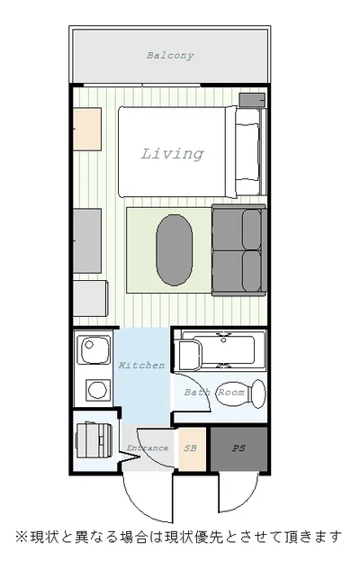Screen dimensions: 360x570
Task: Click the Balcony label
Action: pyautogui.click(x=170, y=56)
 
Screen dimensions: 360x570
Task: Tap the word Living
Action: pyautogui.click(x=172, y=154)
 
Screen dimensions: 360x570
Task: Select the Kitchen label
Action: pyautogui.click(x=141, y=366)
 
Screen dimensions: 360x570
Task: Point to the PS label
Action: pyautogui.click(x=238, y=448)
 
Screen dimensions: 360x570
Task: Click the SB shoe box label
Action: pyautogui.click(x=191, y=448)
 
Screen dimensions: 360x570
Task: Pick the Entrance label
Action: pyautogui.click(x=148, y=448)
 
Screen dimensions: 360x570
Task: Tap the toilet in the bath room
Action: pyautogui.click(x=241, y=394)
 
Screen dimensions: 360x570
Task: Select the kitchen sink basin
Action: pyautogui.click(x=94, y=349)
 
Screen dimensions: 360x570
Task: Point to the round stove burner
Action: pyautogui.click(x=98, y=390)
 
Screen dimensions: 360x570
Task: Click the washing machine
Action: pyautogui.click(x=94, y=440)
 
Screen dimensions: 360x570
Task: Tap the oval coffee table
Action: pyautogui.click(x=174, y=249)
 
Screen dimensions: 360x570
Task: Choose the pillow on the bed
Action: pyautogui.click(x=247, y=152)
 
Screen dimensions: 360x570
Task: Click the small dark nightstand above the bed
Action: pyautogui.click(x=252, y=100)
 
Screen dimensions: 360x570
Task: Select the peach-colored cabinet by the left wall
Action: pyautogui.click(x=87, y=129)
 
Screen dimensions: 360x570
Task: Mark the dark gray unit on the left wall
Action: pyautogui.click(x=87, y=240)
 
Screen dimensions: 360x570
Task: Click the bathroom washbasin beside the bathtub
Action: pyautogui.click(x=188, y=355)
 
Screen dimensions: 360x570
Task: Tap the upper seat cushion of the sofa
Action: pyautogui.click(x=251, y=230)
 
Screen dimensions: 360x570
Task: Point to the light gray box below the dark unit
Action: pyautogui.click(x=90, y=298)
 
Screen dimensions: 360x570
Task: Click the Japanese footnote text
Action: pyautogui.click(x=178, y=537)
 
